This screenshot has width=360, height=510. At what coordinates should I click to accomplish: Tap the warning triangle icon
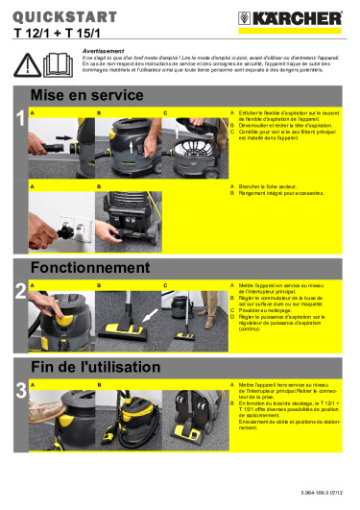point(29,63)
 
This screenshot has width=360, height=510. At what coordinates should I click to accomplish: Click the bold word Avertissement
point(101,46)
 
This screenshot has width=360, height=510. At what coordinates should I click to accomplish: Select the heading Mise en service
point(87,96)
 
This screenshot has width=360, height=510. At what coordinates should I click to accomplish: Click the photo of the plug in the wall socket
point(60,217)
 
